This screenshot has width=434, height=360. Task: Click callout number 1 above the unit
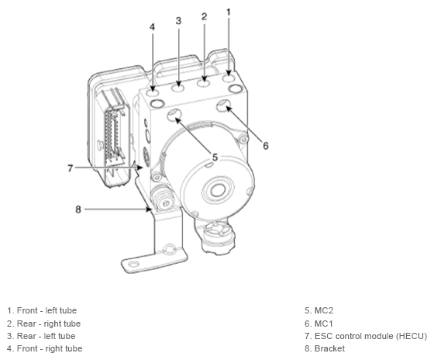coord(229,12)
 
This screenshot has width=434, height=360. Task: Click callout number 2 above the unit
coord(204,16)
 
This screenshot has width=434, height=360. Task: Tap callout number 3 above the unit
coord(178,21)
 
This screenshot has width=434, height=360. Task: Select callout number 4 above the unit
coord(153,26)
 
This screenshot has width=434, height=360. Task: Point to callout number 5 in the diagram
coord(215,157)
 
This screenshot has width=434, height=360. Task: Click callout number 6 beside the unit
coord(265,144)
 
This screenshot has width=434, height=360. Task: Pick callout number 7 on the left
coord(70,168)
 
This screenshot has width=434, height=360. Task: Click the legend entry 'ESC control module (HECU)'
coord(366,336)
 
